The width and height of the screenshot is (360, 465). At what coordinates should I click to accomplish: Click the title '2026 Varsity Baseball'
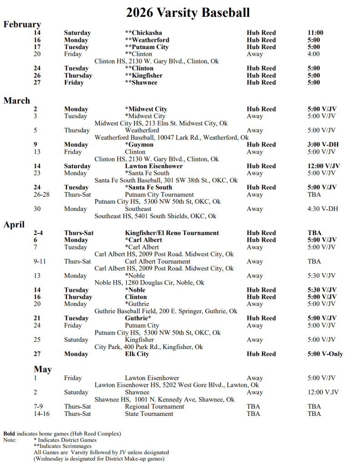(188, 12)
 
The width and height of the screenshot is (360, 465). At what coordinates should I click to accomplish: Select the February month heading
(22, 25)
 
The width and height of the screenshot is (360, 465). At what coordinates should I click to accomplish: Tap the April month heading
(14, 225)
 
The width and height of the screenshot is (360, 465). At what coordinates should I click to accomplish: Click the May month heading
(43, 370)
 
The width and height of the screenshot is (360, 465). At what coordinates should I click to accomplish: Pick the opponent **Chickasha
(144, 33)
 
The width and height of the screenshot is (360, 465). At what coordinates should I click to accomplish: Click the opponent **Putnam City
(146, 47)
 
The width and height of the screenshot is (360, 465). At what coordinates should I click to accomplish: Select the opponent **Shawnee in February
(141, 82)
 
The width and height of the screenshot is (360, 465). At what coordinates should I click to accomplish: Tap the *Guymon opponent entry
(139, 145)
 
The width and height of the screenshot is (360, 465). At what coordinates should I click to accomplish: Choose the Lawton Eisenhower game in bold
(154, 166)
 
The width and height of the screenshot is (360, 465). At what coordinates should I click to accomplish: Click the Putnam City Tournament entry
(157, 195)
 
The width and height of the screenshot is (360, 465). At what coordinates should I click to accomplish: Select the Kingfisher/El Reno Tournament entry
(172, 233)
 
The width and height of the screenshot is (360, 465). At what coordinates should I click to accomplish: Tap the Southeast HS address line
(155, 216)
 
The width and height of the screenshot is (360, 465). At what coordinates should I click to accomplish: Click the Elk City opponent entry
(137, 354)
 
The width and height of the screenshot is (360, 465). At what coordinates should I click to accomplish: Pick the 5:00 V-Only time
(325, 354)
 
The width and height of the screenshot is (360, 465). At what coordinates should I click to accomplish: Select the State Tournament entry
(149, 414)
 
